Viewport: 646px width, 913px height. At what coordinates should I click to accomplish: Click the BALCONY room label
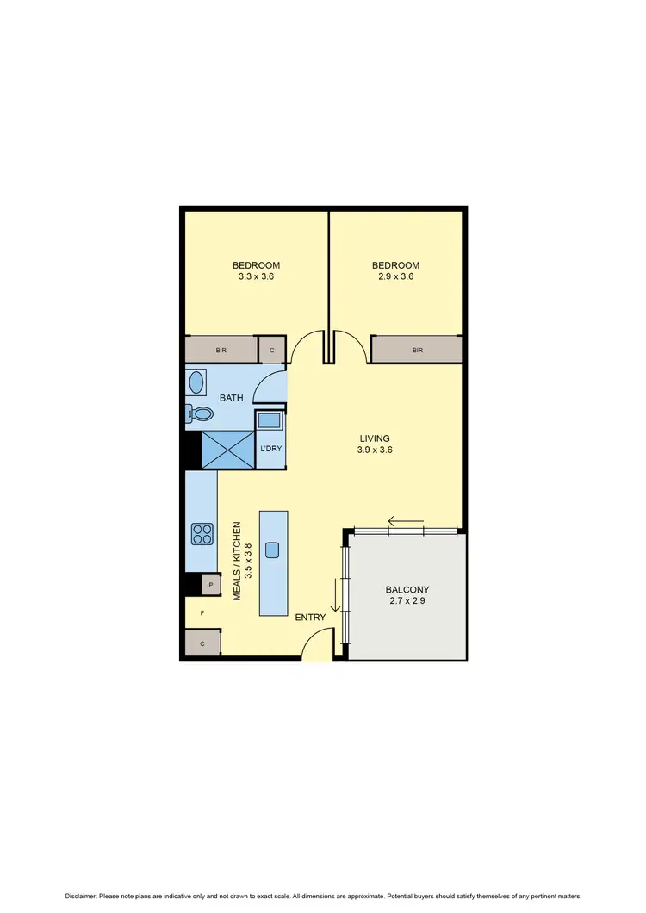(x=407, y=589)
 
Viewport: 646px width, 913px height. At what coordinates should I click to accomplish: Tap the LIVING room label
(x=375, y=438)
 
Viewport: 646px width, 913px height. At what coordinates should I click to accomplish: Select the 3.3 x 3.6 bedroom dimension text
(x=256, y=277)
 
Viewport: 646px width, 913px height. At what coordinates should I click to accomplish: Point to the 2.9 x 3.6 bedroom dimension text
(x=395, y=277)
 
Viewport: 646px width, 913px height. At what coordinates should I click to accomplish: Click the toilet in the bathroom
(x=200, y=413)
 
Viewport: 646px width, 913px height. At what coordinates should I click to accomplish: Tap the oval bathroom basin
(x=196, y=382)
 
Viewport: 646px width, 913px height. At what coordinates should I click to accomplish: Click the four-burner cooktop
(x=202, y=534)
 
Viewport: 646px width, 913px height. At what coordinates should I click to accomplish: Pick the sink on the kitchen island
(x=274, y=550)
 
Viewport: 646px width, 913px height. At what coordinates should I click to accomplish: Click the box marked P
(x=211, y=586)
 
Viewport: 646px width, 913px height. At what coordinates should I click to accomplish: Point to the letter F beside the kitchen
(x=202, y=613)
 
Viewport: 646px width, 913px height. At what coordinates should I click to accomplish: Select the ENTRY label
(x=310, y=618)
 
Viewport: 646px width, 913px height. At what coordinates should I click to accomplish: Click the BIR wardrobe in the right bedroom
(x=418, y=351)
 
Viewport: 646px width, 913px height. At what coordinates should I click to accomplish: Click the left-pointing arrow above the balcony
(x=406, y=520)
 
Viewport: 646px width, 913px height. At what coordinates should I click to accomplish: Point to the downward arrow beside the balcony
(x=336, y=595)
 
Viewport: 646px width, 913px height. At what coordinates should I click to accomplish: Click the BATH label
(x=232, y=398)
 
